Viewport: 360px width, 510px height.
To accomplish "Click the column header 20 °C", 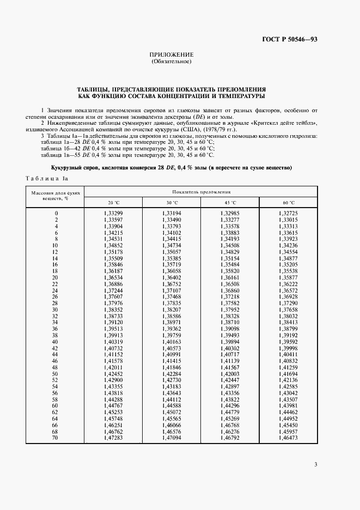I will pyautogui.click(x=113, y=203).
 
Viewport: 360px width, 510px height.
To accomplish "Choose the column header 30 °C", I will pyautogui.click(x=172, y=203).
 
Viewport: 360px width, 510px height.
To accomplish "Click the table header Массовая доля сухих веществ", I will pyautogui.click(x=56, y=196).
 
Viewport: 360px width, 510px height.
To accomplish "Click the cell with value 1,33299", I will pyautogui.click(x=113, y=212).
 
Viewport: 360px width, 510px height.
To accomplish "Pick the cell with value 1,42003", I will pyautogui.click(x=230, y=373).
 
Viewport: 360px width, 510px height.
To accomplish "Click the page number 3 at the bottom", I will pyautogui.click(x=316, y=465).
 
